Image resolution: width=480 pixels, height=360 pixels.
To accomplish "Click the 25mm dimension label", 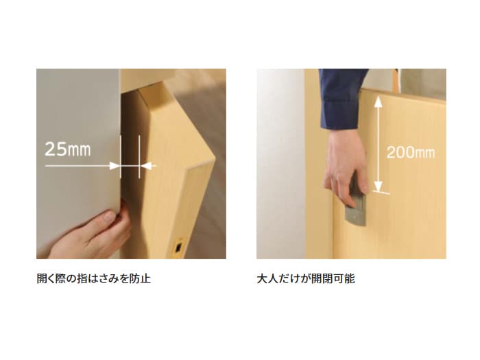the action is tap(68, 149).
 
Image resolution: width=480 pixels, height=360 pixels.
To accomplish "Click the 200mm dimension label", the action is tap(411, 152).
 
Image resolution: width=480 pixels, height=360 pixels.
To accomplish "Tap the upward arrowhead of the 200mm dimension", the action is tap(379, 101).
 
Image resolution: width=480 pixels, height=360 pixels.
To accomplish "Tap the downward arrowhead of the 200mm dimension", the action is tap(379, 186).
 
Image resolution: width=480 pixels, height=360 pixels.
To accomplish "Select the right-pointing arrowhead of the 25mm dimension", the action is tap(115, 166).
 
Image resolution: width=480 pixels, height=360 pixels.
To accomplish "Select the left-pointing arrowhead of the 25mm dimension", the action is tap(145, 166).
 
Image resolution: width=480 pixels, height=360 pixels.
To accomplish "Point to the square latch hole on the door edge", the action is tap(178, 248).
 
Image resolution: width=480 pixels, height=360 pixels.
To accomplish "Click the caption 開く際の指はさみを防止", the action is tap(94, 278).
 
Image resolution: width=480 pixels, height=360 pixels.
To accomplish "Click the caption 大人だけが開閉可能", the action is tap(306, 278).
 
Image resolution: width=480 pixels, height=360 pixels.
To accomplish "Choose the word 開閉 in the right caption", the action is tap(322, 278).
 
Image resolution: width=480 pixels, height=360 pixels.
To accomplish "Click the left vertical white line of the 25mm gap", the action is tap(120, 157).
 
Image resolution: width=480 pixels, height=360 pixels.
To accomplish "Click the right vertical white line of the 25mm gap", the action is tap(139, 157).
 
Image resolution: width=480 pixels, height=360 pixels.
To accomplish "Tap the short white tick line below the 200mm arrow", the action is tap(381, 193).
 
